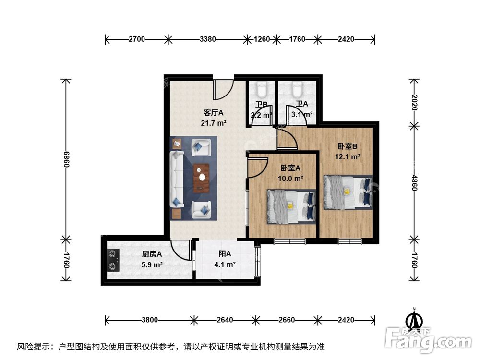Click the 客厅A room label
tap(214, 113)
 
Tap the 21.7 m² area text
tap(214, 123)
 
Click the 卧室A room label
tap(291, 168)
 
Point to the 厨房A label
tap(152, 254)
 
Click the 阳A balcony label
tap(224, 254)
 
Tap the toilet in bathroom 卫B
tap(262, 90)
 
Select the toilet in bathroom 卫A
tap(296, 90)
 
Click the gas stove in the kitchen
tap(113, 260)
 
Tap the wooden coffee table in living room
tap(202, 177)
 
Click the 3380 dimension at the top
tap(207, 39)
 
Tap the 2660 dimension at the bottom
tap(286, 320)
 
